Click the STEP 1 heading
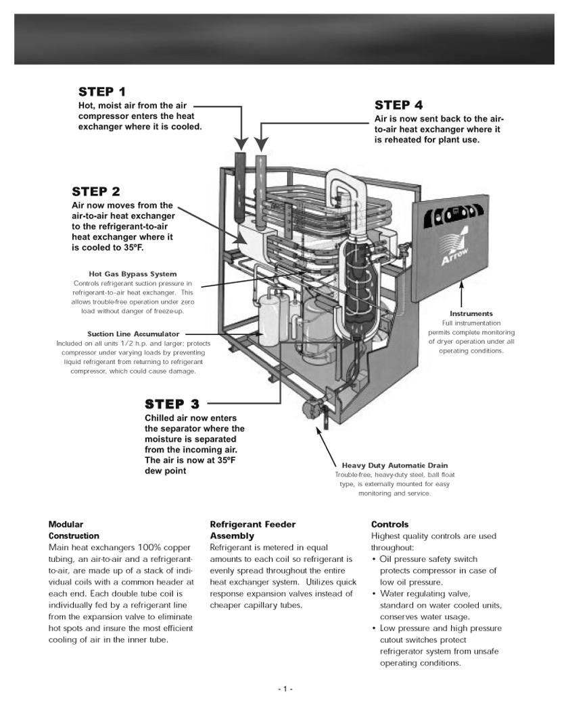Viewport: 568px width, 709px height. [102, 91]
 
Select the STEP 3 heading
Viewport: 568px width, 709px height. [172, 404]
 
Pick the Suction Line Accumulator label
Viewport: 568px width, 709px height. [133, 334]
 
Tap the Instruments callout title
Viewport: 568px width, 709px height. [471, 313]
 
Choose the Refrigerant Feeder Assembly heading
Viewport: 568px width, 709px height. [253, 530]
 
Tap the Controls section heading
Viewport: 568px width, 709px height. [390, 524]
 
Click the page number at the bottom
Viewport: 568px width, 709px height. [285, 689]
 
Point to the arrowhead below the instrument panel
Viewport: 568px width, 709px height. [462, 283]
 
